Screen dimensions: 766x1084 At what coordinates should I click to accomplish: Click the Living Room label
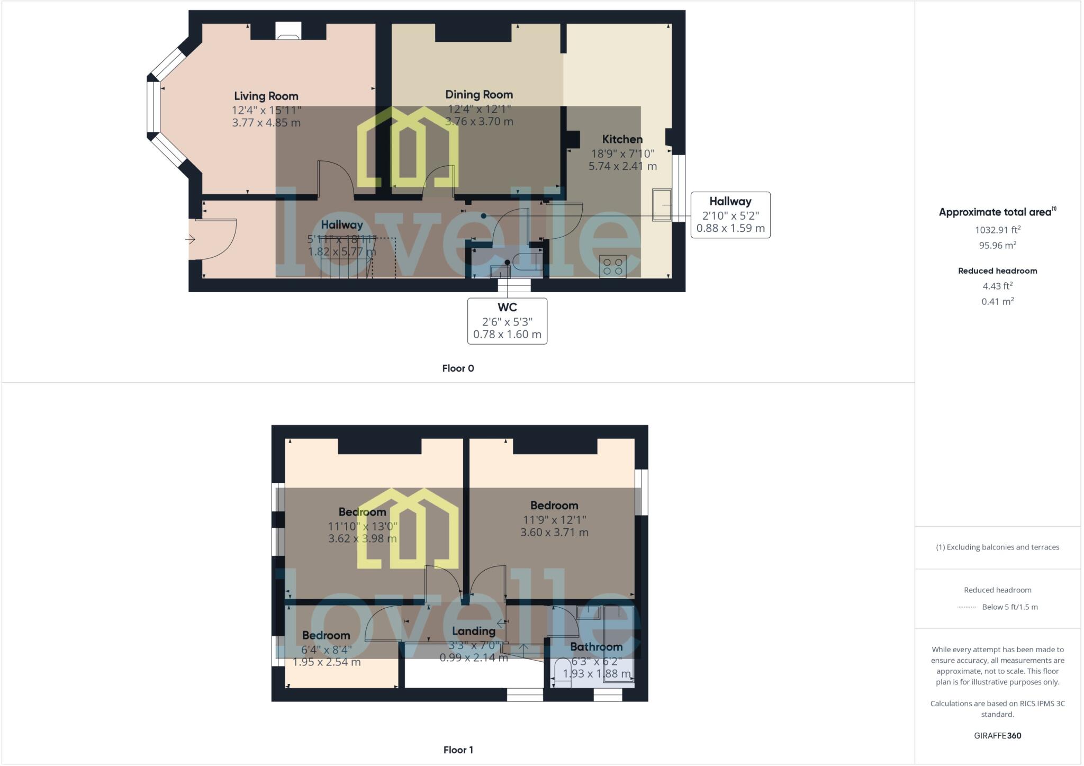tap(266, 96)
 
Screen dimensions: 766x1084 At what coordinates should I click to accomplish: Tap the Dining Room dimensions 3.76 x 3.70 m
tap(479, 121)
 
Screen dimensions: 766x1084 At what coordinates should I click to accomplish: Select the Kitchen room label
tap(622, 139)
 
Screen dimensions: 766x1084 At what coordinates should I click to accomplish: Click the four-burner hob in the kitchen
tap(613, 266)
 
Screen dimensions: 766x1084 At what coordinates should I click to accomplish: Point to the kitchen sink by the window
tap(662, 205)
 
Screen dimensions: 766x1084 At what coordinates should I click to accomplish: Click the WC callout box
tap(507, 321)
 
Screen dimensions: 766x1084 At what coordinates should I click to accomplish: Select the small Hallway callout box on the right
tap(730, 215)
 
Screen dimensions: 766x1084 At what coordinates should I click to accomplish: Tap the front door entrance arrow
tap(190, 239)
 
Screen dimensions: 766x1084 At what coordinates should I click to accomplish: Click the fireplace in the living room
tap(288, 32)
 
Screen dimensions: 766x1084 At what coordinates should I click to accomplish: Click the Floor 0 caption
tap(458, 368)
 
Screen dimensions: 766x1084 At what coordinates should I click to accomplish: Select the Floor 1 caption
tap(458, 750)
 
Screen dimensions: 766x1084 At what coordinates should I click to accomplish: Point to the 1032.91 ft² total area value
tap(997, 230)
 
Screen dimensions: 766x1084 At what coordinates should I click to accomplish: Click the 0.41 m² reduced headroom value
tap(997, 301)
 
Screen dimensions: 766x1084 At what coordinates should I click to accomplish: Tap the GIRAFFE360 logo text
tap(997, 735)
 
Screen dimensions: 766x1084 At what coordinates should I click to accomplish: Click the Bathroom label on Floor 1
tap(596, 647)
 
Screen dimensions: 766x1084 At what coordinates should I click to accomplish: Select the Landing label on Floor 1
tap(473, 631)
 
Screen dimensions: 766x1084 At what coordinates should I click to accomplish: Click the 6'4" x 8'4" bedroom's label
tap(326, 635)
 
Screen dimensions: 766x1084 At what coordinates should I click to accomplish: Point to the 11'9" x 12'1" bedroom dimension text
tap(554, 520)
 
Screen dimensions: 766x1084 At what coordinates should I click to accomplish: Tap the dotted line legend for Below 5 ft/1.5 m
tap(966, 607)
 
